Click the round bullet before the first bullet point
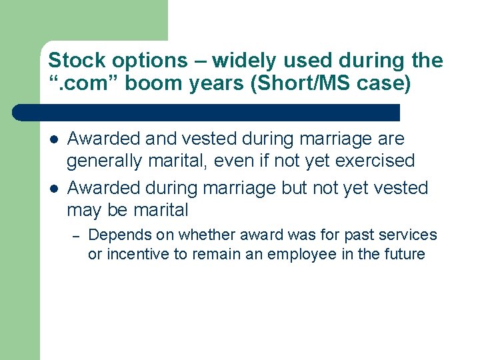click(53, 139)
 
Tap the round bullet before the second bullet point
click(53, 189)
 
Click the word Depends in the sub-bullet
click(116, 235)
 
